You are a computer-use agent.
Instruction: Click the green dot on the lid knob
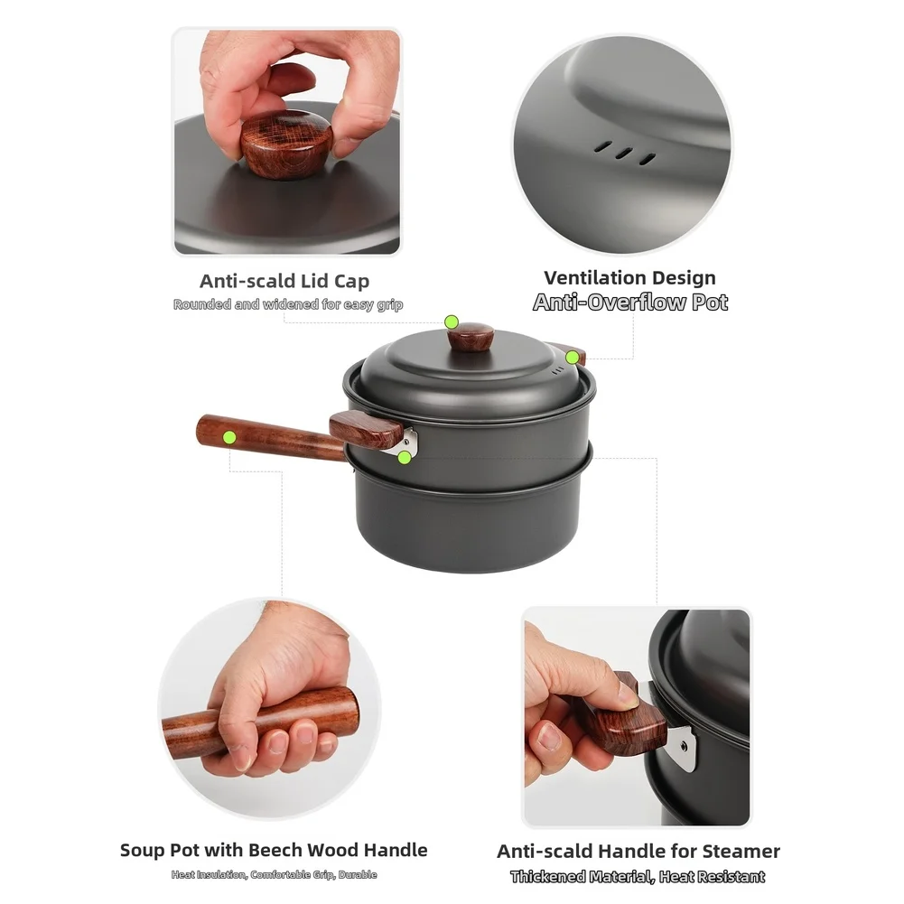452,322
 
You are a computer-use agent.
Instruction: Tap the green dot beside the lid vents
572,358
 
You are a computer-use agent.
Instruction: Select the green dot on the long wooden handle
229,438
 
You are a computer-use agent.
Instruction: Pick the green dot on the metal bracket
405,458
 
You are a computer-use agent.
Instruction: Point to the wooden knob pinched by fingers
286,144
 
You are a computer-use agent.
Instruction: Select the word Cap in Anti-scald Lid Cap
351,282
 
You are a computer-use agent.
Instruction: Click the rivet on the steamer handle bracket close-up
683,747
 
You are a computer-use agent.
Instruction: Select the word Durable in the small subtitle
358,874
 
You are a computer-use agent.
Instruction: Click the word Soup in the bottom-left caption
141,850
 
